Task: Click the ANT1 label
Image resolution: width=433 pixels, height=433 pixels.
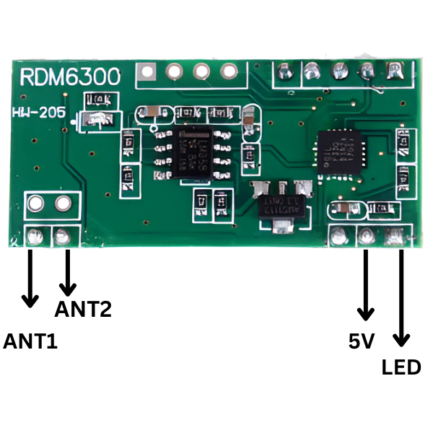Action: click(30, 341)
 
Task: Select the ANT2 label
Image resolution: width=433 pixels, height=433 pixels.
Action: click(83, 310)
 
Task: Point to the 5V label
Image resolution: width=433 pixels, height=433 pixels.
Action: click(361, 341)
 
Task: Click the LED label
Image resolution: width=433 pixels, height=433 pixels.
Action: click(401, 367)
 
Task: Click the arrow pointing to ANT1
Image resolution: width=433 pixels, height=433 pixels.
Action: click(30, 278)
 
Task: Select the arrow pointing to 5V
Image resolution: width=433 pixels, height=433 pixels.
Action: click(366, 285)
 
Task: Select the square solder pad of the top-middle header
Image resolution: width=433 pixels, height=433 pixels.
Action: click(149, 72)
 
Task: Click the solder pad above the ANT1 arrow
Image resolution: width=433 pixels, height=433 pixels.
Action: click(33, 236)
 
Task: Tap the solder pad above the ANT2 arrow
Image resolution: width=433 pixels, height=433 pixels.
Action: click(62, 235)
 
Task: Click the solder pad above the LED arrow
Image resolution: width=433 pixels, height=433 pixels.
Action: click(395, 235)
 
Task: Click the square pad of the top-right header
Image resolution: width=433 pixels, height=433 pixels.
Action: click(394, 71)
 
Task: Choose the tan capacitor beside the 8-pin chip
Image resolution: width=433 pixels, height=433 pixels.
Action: click(250, 116)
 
